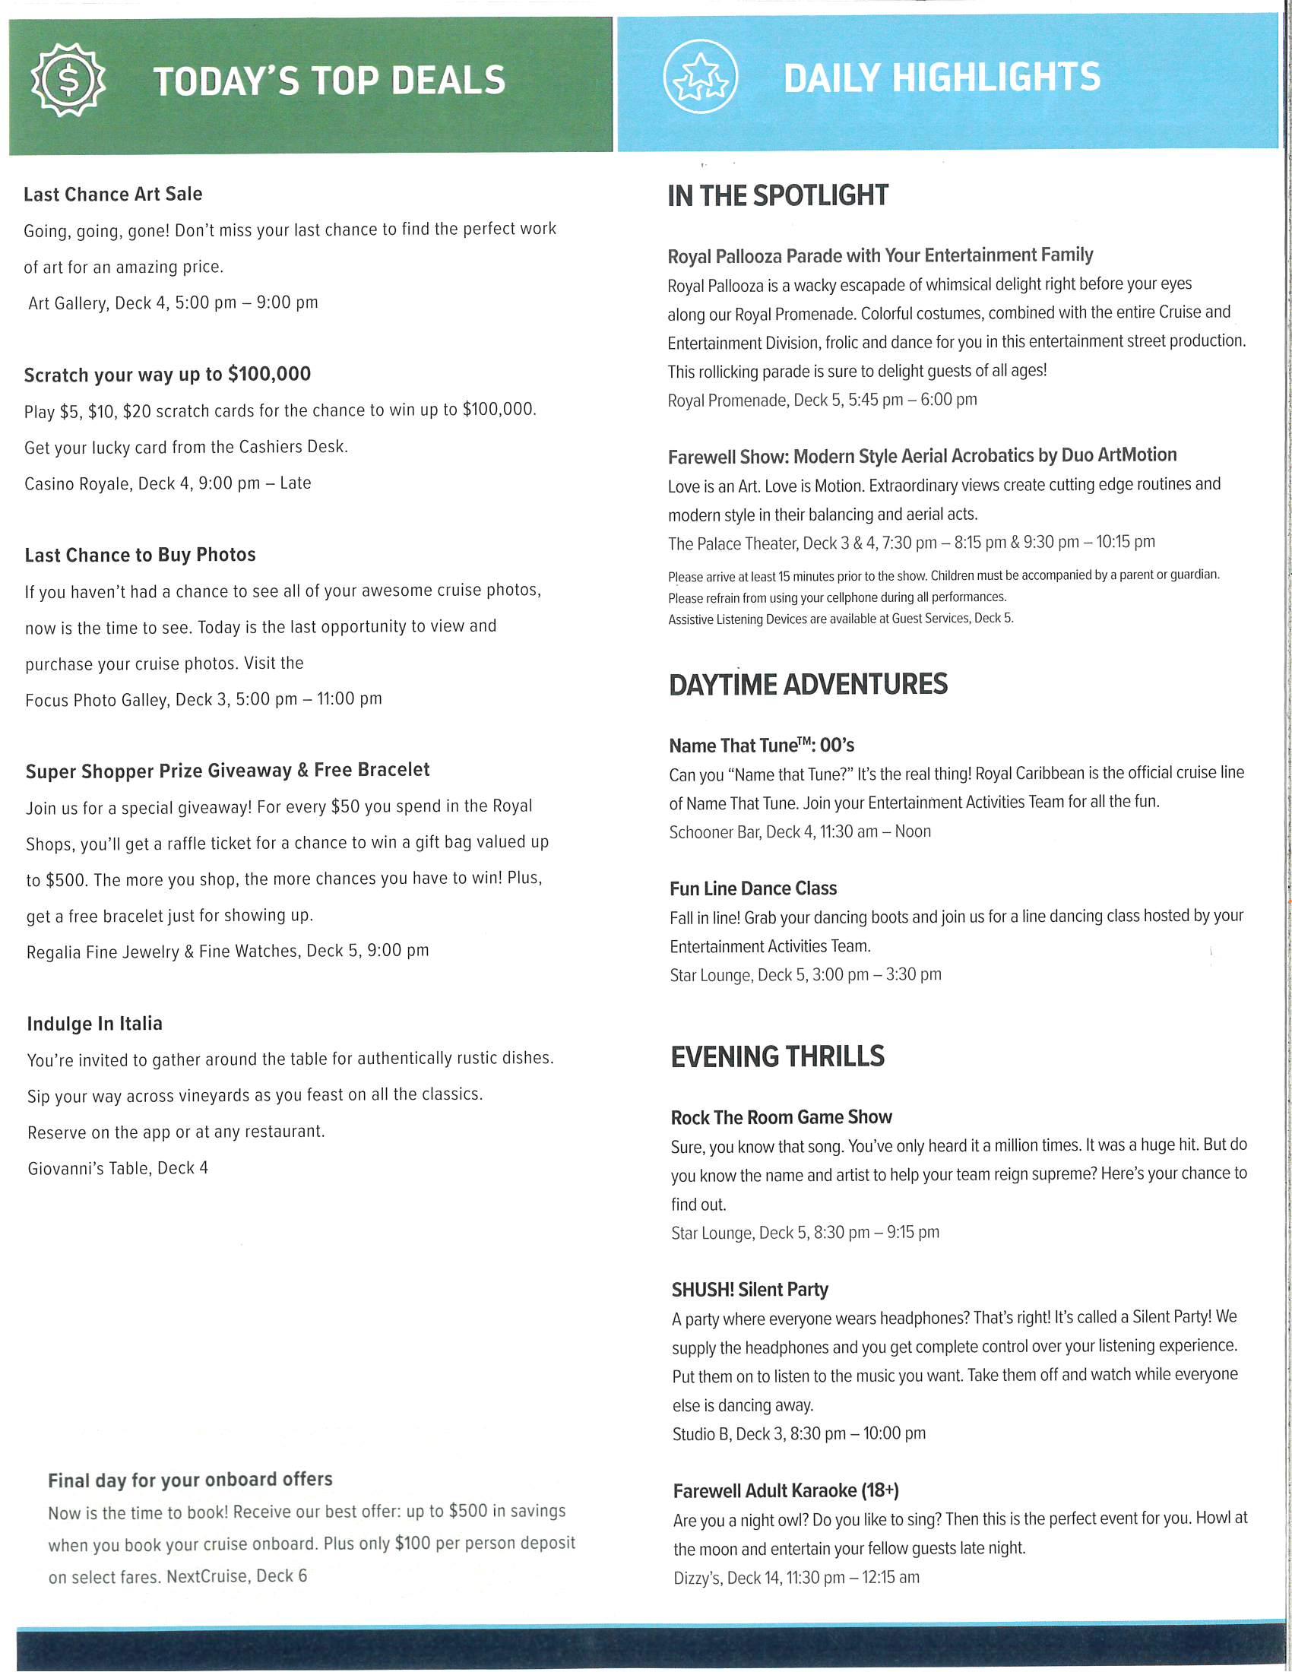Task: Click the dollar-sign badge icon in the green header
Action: [68, 80]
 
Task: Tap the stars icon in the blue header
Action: [701, 77]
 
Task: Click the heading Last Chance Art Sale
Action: [113, 195]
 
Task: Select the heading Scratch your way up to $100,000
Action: [168, 375]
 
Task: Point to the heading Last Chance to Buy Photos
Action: [140, 555]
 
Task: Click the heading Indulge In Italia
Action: [95, 1024]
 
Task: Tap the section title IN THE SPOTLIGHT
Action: [777, 196]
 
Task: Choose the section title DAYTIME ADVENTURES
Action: [809, 685]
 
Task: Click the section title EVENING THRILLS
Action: [777, 1057]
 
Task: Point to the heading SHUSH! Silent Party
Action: [750, 1290]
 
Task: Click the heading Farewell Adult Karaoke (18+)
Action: [786, 1491]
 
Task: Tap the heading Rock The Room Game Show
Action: [781, 1118]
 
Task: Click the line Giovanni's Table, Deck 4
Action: [118, 1168]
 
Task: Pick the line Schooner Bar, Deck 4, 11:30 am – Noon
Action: [800, 832]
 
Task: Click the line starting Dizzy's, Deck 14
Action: [796, 1578]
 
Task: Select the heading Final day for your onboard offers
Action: [191, 1480]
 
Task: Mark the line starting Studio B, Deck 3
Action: [798, 1434]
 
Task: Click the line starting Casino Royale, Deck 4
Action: [168, 483]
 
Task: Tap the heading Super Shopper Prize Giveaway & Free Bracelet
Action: [228, 771]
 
